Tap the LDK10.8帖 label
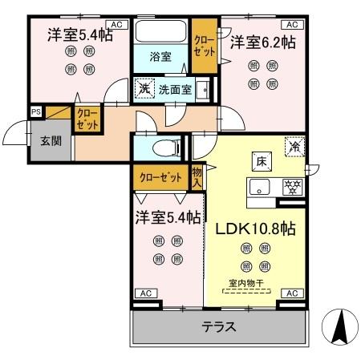click(255, 228)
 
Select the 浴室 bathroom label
click(160, 56)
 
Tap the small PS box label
click(36, 111)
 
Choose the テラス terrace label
click(218, 327)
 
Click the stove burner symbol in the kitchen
click(293, 186)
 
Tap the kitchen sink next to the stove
click(262, 188)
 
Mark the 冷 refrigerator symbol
click(294, 148)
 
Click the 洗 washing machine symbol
click(144, 87)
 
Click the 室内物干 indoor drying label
click(246, 282)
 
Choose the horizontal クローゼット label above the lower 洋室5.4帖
click(160, 176)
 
